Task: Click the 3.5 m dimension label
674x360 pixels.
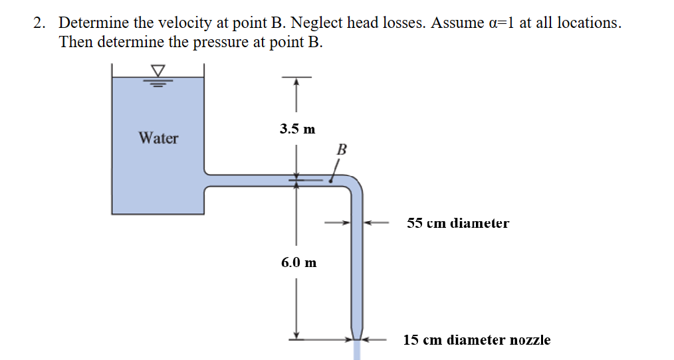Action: click(297, 129)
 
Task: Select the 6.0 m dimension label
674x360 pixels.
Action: click(298, 262)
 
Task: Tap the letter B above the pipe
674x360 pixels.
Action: click(342, 149)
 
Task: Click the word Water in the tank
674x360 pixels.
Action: click(158, 138)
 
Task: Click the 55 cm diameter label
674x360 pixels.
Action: click(458, 223)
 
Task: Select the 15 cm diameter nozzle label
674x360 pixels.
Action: click(477, 340)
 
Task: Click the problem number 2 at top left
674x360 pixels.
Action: click(39, 23)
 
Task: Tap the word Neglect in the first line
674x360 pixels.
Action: click(318, 23)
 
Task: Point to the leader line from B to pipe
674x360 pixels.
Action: click(334, 173)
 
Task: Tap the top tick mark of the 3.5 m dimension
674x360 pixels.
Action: click(296, 78)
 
